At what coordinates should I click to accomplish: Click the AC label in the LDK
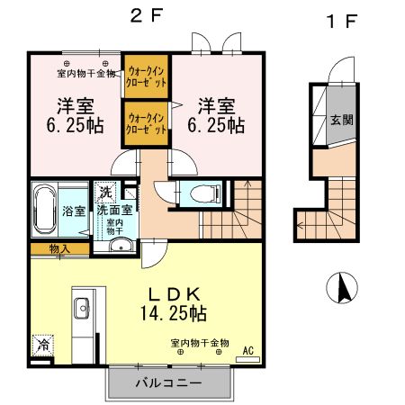[x=248, y=349]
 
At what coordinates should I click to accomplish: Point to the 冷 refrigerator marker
[x=42, y=345]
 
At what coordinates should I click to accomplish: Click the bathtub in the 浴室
[x=46, y=210]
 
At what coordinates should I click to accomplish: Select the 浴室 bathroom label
[x=75, y=211]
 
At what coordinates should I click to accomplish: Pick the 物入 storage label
[x=60, y=248]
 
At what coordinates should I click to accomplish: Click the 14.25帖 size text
[x=175, y=314]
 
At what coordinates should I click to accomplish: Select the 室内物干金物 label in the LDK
[x=200, y=343]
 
